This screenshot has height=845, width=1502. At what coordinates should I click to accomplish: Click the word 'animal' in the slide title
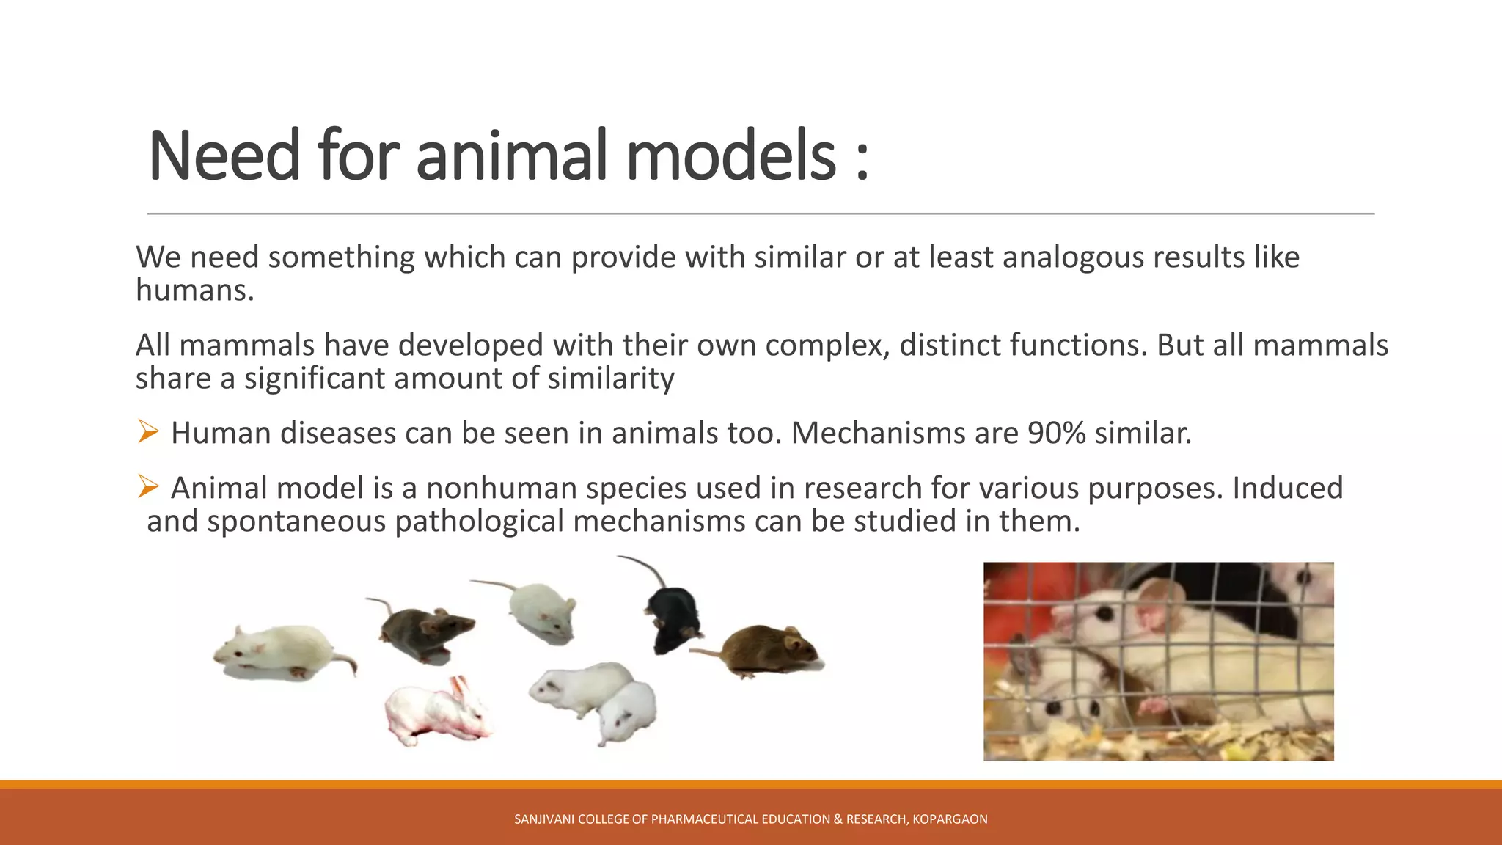512,156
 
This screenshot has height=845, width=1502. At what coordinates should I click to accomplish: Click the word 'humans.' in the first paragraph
195,290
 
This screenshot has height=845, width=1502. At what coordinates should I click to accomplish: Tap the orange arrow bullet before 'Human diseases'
148,431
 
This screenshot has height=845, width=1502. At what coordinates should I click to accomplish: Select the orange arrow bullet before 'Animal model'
148,486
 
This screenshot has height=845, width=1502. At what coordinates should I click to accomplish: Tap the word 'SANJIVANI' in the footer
544,819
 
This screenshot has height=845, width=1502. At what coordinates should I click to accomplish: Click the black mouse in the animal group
671,615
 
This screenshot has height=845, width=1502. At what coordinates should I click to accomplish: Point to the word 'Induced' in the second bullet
1287,489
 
